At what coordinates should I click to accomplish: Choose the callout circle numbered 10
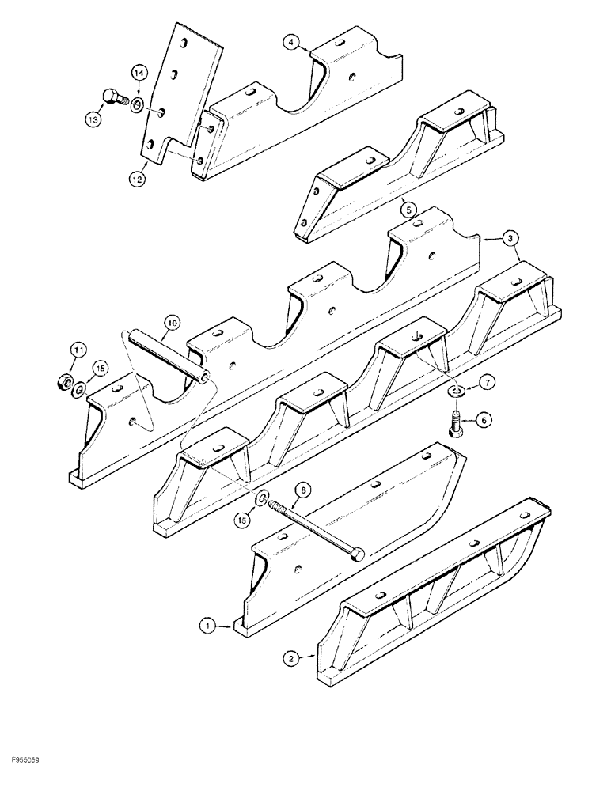click(x=173, y=322)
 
